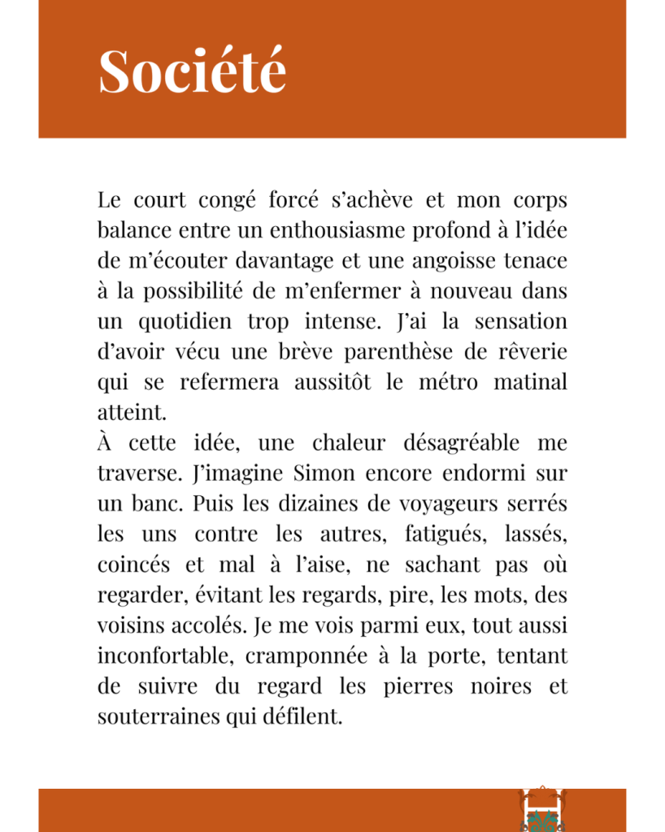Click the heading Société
(193, 71)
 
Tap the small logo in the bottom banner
(541, 809)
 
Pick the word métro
(448, 381)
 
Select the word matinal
(530, 381)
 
